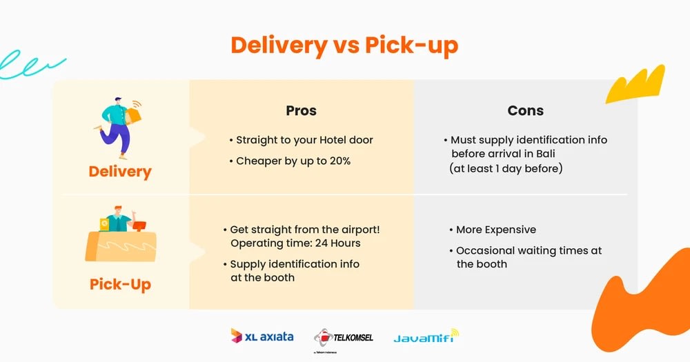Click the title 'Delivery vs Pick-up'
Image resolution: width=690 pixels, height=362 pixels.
tap(344, 46)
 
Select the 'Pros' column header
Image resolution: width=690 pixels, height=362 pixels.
tap(301, 110)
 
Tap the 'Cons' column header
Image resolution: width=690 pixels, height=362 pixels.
tap(525, 110)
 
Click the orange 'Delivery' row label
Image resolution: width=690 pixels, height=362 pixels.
tap(119, 172)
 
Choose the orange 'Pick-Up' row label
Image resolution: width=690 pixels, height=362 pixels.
tap(120, 285)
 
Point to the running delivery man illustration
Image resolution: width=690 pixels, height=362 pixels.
tap(118, 128)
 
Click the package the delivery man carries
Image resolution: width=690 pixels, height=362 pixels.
tap(133, 116)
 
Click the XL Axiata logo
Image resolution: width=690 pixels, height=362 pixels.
tap(262, 336)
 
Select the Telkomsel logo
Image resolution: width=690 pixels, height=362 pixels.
tap(344, 338)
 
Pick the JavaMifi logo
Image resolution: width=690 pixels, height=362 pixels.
tap(426, 337)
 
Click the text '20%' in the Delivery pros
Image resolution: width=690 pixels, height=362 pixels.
tap(339, 161)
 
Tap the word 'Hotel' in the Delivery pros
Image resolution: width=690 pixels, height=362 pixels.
tap(333, 140)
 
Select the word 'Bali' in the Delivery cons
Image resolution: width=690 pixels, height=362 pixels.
tap(545, 154)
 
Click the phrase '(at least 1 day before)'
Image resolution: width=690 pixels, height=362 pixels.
tap(506, 168)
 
